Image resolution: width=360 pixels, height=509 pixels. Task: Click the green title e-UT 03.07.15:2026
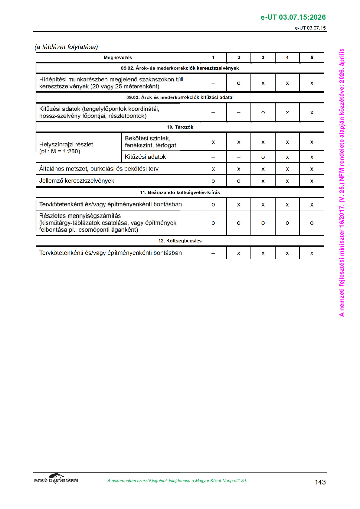pyautogui.click(x=293, y=17)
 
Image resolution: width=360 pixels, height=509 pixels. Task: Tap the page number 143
pyautogui.click(x=320, y=482)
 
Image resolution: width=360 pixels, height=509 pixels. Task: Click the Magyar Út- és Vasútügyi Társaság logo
pyautogui.click(x=56, y=479)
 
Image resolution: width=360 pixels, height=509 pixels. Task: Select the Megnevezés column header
pyautogui.click(x=118, y=57)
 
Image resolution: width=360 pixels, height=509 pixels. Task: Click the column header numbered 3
pyautogui.click(x=263, y=57)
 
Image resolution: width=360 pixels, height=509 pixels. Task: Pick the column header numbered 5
pyautogui.click(x=312, y=57)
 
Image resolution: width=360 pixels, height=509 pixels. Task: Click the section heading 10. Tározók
pyautogui.click(x=180, y=127)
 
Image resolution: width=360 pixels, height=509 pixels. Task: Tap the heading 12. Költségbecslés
pyautogui.click(x=180, y=241)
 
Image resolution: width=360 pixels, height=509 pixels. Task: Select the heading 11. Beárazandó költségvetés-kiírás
pyautogui.click(x=180, y=192)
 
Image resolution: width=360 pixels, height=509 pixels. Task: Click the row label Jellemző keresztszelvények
pyautogui.click(x=77, y=181)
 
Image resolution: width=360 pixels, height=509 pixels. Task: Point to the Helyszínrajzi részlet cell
pyautogui.click(x=66, y=148)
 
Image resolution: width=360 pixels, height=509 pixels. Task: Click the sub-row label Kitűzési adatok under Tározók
pyautogui.click(x=146, y=157)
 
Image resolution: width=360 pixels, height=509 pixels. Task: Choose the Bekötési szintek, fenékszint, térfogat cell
pyautogui.click(x=151, y=142)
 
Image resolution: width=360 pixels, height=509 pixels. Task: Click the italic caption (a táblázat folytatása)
pyautogui.click(x=66, y=47)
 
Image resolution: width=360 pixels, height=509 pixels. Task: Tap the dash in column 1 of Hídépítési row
pyautogui.click(x=213, y=83)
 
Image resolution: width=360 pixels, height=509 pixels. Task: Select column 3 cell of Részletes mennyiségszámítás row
pyautogui.click(x=263, y=223)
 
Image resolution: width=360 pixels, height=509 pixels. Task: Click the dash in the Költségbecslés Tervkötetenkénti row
pyautogui.click(x=213, y=253)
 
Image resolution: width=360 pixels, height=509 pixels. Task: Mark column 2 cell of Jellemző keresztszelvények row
pyautogui.click(x=239, y=181)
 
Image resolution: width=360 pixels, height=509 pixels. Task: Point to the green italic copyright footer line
pyautogui.click(x=177, y=481)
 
